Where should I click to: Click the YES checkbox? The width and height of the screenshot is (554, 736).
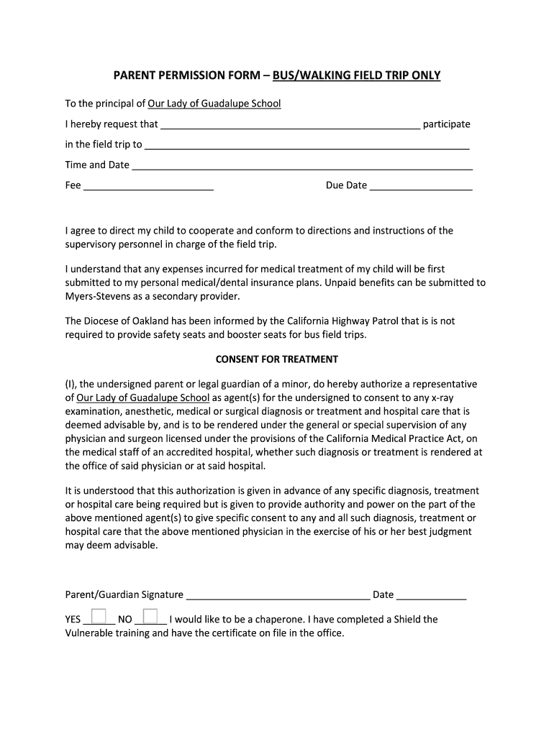[99, 617]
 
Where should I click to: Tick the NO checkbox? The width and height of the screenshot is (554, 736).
[150, 617]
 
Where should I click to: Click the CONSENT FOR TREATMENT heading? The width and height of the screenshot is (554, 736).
[277, 359]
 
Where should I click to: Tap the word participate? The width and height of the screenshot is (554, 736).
[446, 124]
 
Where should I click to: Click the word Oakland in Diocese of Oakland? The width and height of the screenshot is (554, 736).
[147, 321]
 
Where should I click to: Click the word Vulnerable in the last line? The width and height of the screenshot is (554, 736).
[91, 633]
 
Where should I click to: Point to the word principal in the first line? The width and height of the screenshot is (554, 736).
[125, 103]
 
